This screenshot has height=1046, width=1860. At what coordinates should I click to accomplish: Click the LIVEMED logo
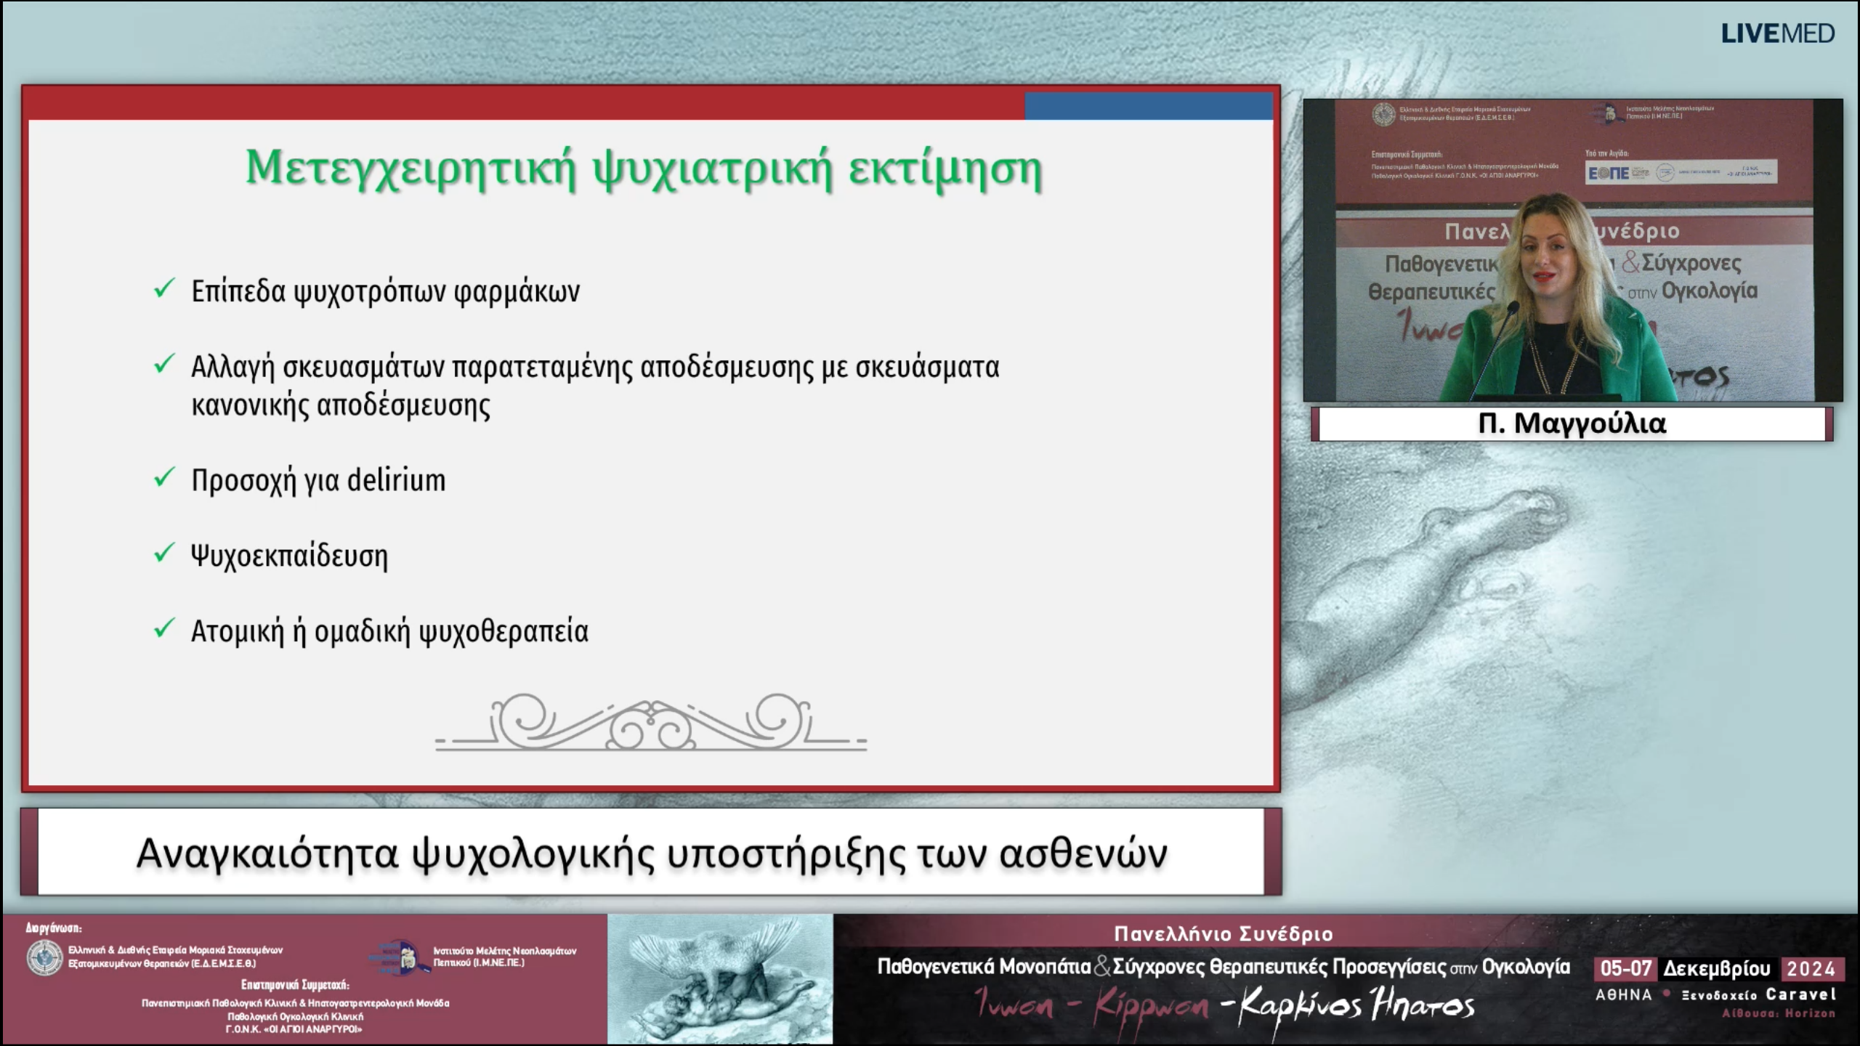pos(1777,33)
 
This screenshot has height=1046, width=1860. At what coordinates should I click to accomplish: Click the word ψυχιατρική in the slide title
pos(712,169)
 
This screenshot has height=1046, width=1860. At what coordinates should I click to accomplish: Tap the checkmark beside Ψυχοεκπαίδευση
pos(164,554)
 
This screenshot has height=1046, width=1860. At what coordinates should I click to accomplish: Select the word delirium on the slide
pos(396,481)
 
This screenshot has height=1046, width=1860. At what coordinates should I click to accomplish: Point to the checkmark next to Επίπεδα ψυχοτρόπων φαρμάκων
pos(164,288)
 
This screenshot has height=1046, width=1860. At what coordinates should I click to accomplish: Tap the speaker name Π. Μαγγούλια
pos(1572,423)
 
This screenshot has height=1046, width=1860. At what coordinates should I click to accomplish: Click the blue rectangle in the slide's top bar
pos(1148,106)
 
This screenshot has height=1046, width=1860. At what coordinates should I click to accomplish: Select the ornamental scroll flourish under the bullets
pos(651,723)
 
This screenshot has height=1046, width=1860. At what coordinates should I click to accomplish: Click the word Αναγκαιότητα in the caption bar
pos(267,854)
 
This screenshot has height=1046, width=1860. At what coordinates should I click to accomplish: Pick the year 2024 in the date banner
pos(1811,969)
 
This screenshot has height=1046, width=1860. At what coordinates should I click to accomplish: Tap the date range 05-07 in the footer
pos(1626,969)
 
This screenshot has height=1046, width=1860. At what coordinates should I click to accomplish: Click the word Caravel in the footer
pos(1801,994)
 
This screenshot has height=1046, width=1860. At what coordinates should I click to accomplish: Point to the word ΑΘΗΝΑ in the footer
pos(1623,995)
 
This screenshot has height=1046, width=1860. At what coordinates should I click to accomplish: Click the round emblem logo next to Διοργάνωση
pos(44,957)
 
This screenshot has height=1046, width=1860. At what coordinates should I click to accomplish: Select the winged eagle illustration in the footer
pos(719,978)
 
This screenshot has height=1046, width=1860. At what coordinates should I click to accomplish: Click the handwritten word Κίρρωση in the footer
pos(1152,1006)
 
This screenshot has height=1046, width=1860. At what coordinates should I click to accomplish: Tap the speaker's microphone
pos(1511,312)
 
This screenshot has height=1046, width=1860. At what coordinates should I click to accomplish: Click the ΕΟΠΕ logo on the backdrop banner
pos(1607,173)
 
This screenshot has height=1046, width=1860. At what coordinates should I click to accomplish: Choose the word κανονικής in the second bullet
pos(251,405)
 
